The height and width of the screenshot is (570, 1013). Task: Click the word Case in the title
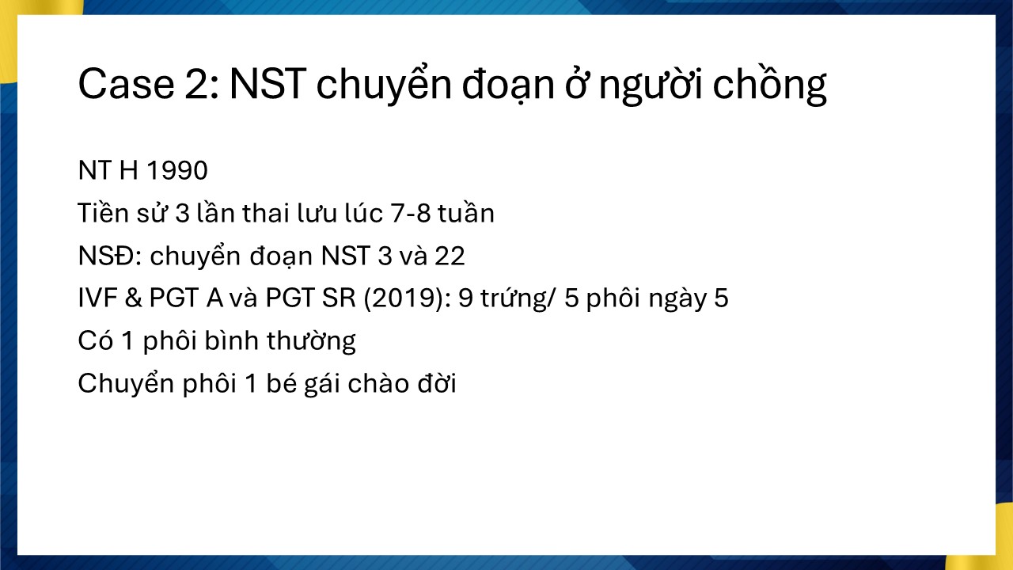pyautogui.click(x=126, y=84)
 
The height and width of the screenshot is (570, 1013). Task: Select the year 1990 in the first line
pyautogui.click(x=177, y=170)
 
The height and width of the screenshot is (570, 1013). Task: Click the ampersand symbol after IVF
pyautogui.click(x=133, y=298)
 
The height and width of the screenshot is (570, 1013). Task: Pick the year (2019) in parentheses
pyautogui.click(x=407, y=298)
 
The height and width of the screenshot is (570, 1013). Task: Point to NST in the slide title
pyautogui.click(x=267, y=84)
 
